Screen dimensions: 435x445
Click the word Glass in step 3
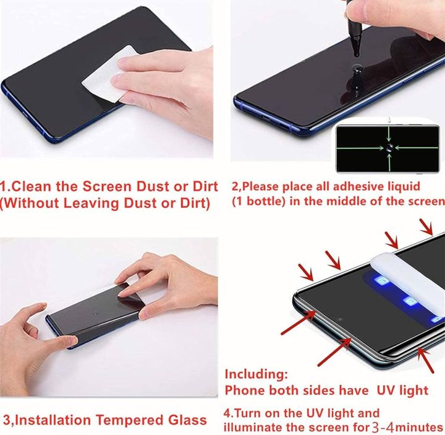pyautogui.click(x=186, y=420)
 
